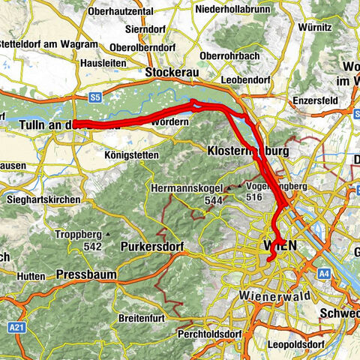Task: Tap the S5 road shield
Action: coord(95,97)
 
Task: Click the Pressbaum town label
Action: coord(86,274)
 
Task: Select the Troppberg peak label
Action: coord(79,235)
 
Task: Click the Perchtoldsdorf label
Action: coord(213,333)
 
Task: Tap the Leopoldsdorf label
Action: coord(298,343)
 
